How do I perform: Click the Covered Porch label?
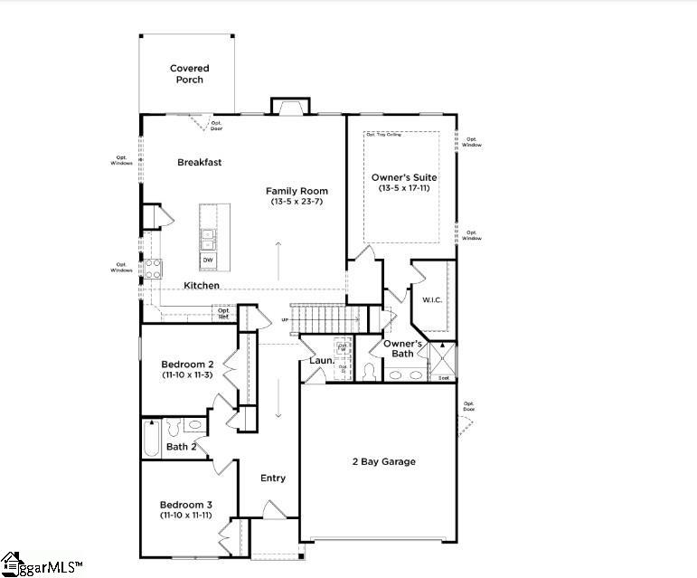point(189,73)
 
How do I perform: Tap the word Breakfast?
point(199,162)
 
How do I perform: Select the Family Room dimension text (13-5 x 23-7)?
point(297,202)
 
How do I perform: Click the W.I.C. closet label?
point(431,300)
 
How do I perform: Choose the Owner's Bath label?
point(402,348)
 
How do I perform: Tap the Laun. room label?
point(322,360)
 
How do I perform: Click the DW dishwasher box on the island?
point(208,261)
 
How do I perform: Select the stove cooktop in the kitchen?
point(154,268)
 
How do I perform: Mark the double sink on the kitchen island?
point(208,239)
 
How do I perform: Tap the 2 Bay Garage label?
point(384,461)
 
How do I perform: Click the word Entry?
point(273,479)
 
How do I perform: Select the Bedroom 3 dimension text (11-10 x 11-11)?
point(186,515)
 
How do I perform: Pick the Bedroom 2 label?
point(186,364)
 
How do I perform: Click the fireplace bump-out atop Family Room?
point(288,107)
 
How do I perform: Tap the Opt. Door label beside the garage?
point(468,406)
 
